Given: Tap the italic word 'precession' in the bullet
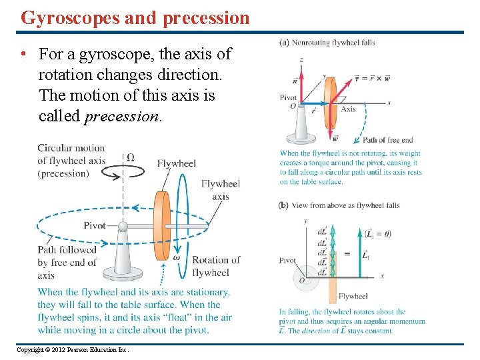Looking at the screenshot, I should [x=123, y=116].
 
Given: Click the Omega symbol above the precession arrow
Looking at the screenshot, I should [x=130, y=157].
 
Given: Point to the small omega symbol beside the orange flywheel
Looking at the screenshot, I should [x=177, y=257].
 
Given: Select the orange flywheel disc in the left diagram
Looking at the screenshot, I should [x=162, y=225].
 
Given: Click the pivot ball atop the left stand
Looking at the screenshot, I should [x=123, y=226].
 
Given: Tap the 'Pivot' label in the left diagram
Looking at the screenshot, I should [x=95, y=225].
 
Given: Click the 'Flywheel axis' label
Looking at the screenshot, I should [x=220, y=190].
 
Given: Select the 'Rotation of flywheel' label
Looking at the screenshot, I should [x=215, y=266].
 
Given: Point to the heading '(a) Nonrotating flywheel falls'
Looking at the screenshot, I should [x=327, y=43].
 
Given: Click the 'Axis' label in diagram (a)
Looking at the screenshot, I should [x=348, y=109].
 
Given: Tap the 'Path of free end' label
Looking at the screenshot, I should [x=387, y=140].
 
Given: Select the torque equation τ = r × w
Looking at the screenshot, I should [x=372, y=78].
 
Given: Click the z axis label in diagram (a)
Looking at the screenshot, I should [x=301, y=59].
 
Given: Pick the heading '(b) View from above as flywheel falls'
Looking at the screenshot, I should [x=339, y=205].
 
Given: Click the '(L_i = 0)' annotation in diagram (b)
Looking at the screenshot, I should [x=378, y=233].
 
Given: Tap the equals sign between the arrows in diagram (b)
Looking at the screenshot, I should [x=347, y=254].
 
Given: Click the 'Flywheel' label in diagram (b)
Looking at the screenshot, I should [x=353, y=296].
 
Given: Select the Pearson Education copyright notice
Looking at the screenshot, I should [x=72, y=350].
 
